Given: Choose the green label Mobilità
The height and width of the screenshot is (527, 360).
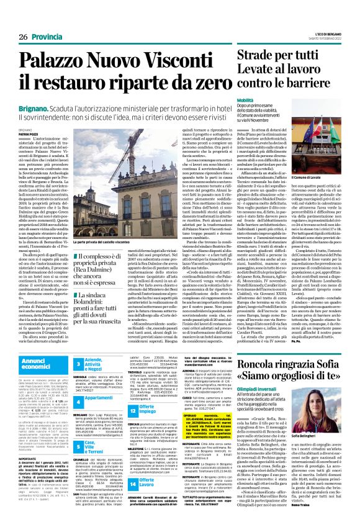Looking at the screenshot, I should coord(245,99).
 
